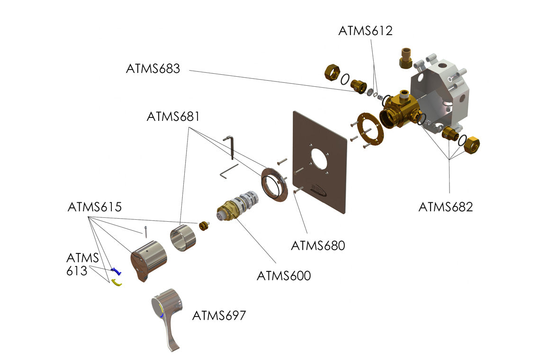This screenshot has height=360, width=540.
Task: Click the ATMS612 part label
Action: [365, 31]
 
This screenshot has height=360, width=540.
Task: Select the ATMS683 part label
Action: [153, 68]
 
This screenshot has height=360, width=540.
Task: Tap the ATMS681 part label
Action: [173, 116]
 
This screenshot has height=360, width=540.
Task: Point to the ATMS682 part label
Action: [445, 207]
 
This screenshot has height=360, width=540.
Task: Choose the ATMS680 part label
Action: [318, 246]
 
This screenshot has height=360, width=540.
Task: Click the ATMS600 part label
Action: [284, 275]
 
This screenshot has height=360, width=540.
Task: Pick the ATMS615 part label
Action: [95, 207]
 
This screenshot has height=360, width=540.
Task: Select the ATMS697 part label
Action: [219, 315]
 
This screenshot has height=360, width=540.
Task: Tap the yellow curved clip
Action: [116, 283]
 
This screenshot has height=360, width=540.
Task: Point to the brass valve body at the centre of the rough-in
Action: [398, 110]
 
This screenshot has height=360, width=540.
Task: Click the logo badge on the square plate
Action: [319, 189]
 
